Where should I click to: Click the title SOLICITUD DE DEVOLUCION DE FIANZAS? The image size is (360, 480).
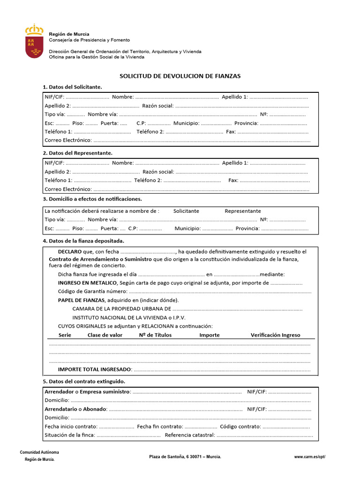click(180, 76)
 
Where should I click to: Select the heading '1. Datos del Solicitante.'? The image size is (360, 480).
click(72, 87)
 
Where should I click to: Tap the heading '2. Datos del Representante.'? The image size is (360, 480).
click(77, 153)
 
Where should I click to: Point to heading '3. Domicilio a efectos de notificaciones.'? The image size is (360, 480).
click(92, 199)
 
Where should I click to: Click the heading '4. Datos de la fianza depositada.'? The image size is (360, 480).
click(83, 240)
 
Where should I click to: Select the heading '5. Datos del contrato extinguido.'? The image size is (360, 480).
click(84, 381)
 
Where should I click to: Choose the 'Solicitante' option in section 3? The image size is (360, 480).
click(186, 211)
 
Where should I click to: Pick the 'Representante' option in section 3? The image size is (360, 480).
click(243, 211)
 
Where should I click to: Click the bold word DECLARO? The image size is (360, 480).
click(69, 252)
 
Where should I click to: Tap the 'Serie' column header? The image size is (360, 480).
click(65, 335)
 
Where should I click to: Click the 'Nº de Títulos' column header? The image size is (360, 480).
click(156, 335)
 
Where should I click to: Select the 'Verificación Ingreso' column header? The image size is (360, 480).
click(275, 335)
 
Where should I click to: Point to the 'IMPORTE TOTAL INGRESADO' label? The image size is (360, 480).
click(94, 369)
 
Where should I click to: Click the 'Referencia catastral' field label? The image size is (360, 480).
click(189, 435)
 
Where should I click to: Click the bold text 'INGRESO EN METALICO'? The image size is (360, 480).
click(87, 283)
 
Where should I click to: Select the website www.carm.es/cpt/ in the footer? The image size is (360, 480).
click(309, 456)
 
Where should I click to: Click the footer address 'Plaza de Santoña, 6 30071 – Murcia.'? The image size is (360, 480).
click(185, 456)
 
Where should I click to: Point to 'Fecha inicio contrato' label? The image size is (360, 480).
click(71, 427)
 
